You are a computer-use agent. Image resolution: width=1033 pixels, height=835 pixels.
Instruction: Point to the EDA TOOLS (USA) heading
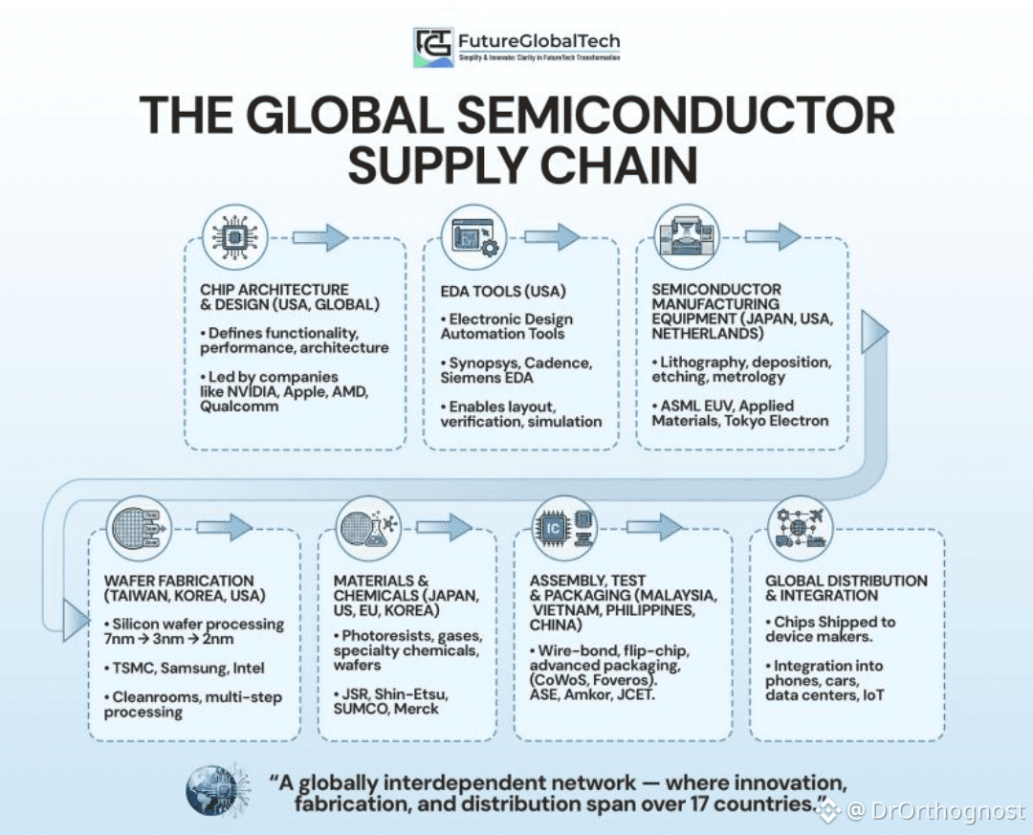(503, 291)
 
